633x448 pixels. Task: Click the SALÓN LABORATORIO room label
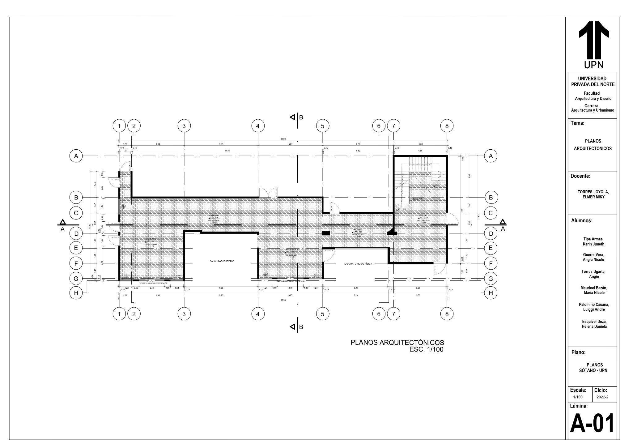coord(222,261)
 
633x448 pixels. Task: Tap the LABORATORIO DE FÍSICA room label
coord(358,264)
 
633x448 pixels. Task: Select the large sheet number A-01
coord(592,424)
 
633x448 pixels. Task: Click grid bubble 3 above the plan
coord(184,126)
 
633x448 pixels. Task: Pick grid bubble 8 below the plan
coord(447,314)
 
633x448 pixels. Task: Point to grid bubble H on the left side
coord(76,293)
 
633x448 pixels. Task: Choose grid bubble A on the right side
coord(491,156)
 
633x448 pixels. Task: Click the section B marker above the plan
coord(297,117)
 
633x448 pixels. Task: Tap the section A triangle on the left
coord(63,222)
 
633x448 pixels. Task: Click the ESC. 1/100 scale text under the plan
coord(426,350)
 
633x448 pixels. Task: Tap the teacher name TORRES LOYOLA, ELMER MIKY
coord(593,194)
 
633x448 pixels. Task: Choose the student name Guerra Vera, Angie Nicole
coord(593,257)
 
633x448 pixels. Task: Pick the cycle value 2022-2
coord(602,397)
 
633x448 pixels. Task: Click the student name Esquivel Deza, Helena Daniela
coord(593,324)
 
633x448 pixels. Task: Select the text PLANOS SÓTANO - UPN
coord(593,368)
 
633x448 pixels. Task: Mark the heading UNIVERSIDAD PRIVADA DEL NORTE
coord(592,81)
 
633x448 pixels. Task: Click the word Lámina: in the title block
coord(579,406)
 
